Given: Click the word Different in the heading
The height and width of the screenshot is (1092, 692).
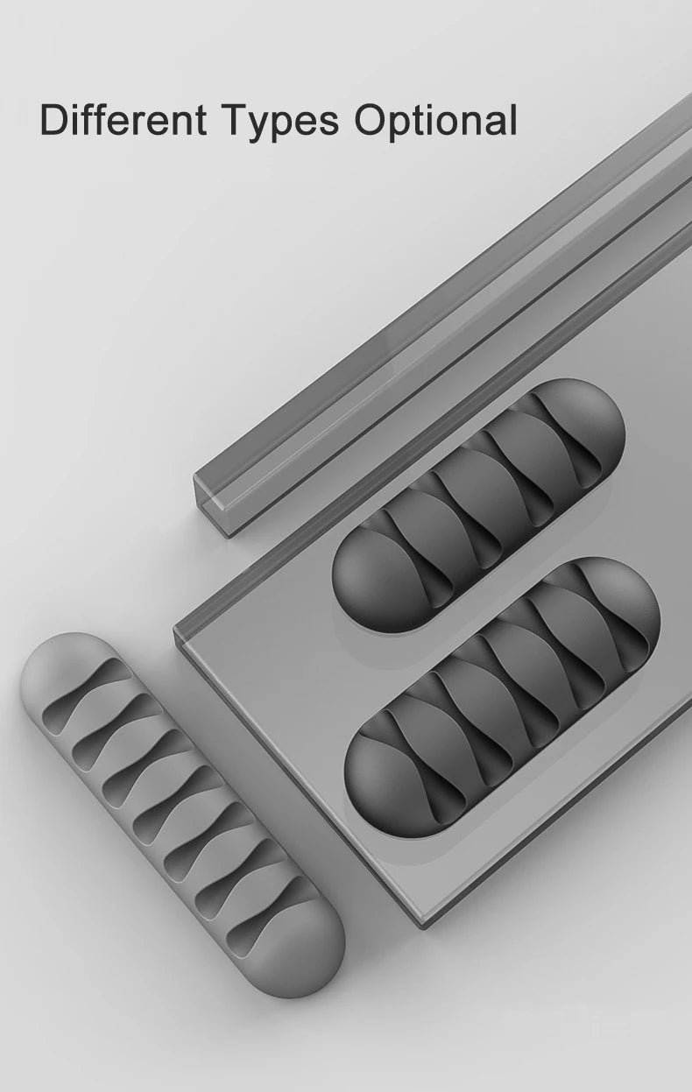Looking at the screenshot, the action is pyautogui.click(x=124, y=119).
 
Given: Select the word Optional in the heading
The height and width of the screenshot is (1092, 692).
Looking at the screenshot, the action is pyautogui.click(x=436, y=122).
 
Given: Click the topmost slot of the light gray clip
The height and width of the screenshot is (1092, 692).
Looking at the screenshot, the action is pyautogui.click(x=87, y=696).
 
